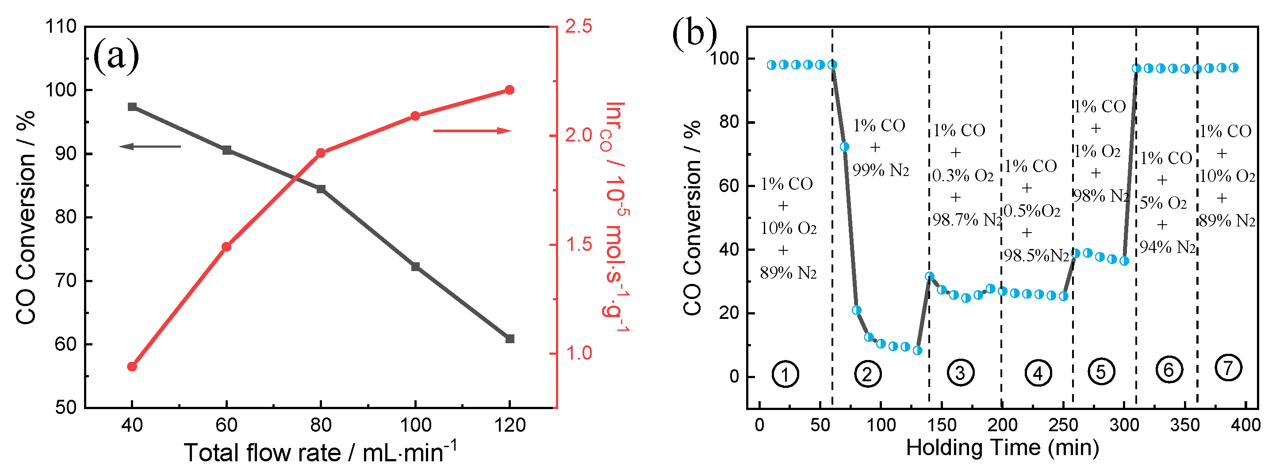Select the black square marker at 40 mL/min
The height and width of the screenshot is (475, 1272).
point(132,107)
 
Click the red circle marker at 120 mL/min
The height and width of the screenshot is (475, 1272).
point(510,90)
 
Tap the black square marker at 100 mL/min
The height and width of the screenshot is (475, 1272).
point(415,267)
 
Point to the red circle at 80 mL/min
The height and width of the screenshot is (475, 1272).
point(321,153)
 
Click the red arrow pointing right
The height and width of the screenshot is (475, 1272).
point(472,131)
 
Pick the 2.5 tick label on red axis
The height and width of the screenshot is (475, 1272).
point(578,27)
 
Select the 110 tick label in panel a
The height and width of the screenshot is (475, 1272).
point(61,27)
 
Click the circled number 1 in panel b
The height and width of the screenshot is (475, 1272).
point(785,374)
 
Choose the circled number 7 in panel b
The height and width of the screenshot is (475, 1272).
point(1228,368)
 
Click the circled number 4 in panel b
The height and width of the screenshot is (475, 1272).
point(1038,374)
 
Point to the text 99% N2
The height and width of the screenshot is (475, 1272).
point(881,170)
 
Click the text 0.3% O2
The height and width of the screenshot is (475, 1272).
point(963,175)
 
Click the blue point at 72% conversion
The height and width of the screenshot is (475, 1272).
point(844,147)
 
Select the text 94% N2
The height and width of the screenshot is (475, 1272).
point(1167,247)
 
